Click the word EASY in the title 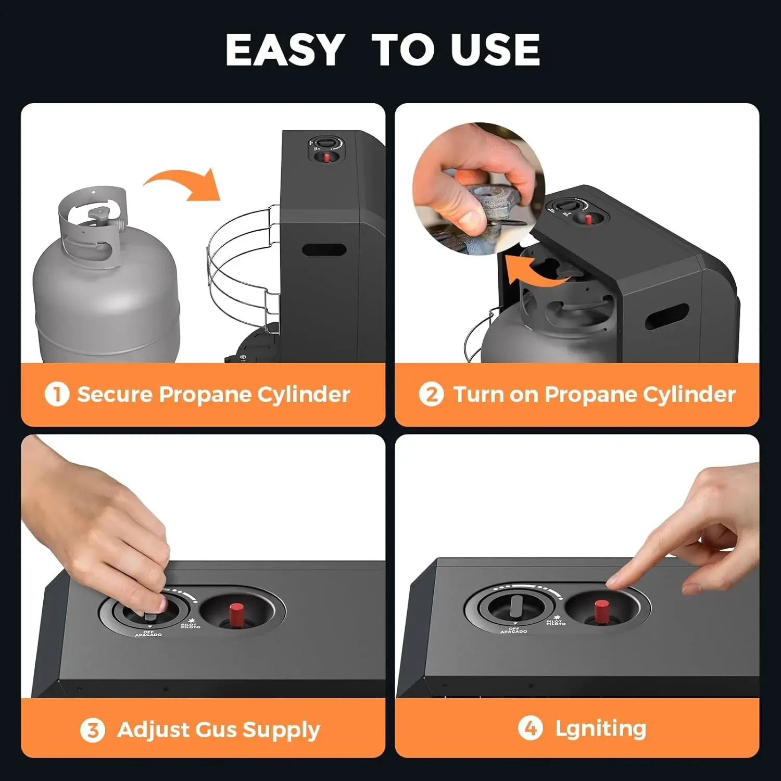coord(285,50)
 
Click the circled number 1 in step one coord(57,394)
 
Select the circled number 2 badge coord(431,394)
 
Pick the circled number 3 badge coord(92,730)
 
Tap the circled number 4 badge coord(530,728)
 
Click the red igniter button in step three coord(236,614)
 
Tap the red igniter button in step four coord(602,611)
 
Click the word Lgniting coord(600,728)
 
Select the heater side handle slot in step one coord(324,249)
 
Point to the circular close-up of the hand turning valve coord(478,188)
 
